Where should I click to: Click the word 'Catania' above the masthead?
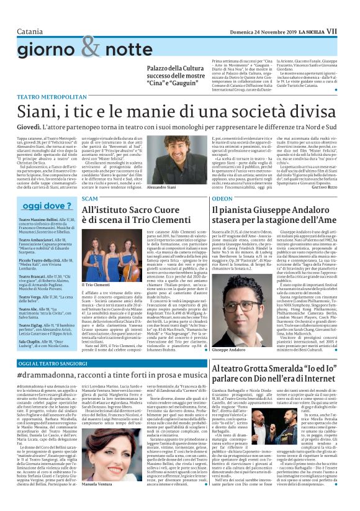tap(30, 14)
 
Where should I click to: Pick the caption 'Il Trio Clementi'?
tap(97, 284)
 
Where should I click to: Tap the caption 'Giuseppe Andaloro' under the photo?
tap(231, 350)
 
